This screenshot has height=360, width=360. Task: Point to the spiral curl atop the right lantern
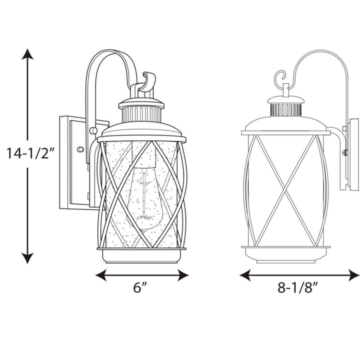click(x=280, y=79)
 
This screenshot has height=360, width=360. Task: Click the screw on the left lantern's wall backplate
click(x=79, y=149)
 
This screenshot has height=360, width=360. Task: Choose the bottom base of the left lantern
click(x=141, y=256)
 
